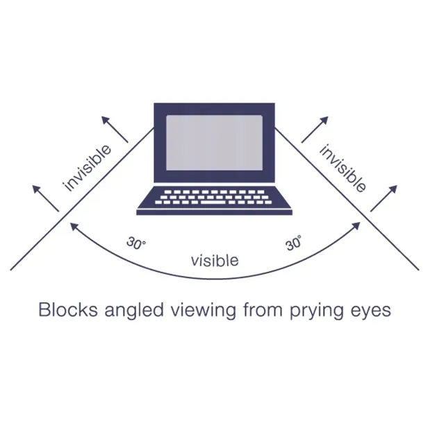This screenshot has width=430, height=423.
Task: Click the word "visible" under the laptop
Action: (x=215, y=260)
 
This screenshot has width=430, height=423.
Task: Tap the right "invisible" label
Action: (x=342, y=169)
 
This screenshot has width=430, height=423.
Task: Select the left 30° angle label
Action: (x=136, y=243)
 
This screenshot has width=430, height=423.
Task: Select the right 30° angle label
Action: (x=293, y=243)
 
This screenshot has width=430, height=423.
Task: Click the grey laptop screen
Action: (x=215, y=143)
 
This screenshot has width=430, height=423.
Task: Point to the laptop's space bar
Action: (x=213, y=202)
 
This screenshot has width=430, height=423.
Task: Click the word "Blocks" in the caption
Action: (x=68, y=310)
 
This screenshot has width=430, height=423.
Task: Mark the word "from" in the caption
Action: (x=263, y=310)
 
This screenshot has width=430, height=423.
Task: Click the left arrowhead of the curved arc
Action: (x=74, y=226)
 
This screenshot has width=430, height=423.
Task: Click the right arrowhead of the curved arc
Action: (x=356, y=226)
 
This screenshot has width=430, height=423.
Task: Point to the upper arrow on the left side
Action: (x=115, y=129)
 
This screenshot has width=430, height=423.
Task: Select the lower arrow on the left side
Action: (x=46, y=198)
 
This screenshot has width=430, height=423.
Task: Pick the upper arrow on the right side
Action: (x=315, y=130)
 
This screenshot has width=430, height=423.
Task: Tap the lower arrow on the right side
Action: (x=383, y=198)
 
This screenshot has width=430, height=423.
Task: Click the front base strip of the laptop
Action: (x=215, y=212)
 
